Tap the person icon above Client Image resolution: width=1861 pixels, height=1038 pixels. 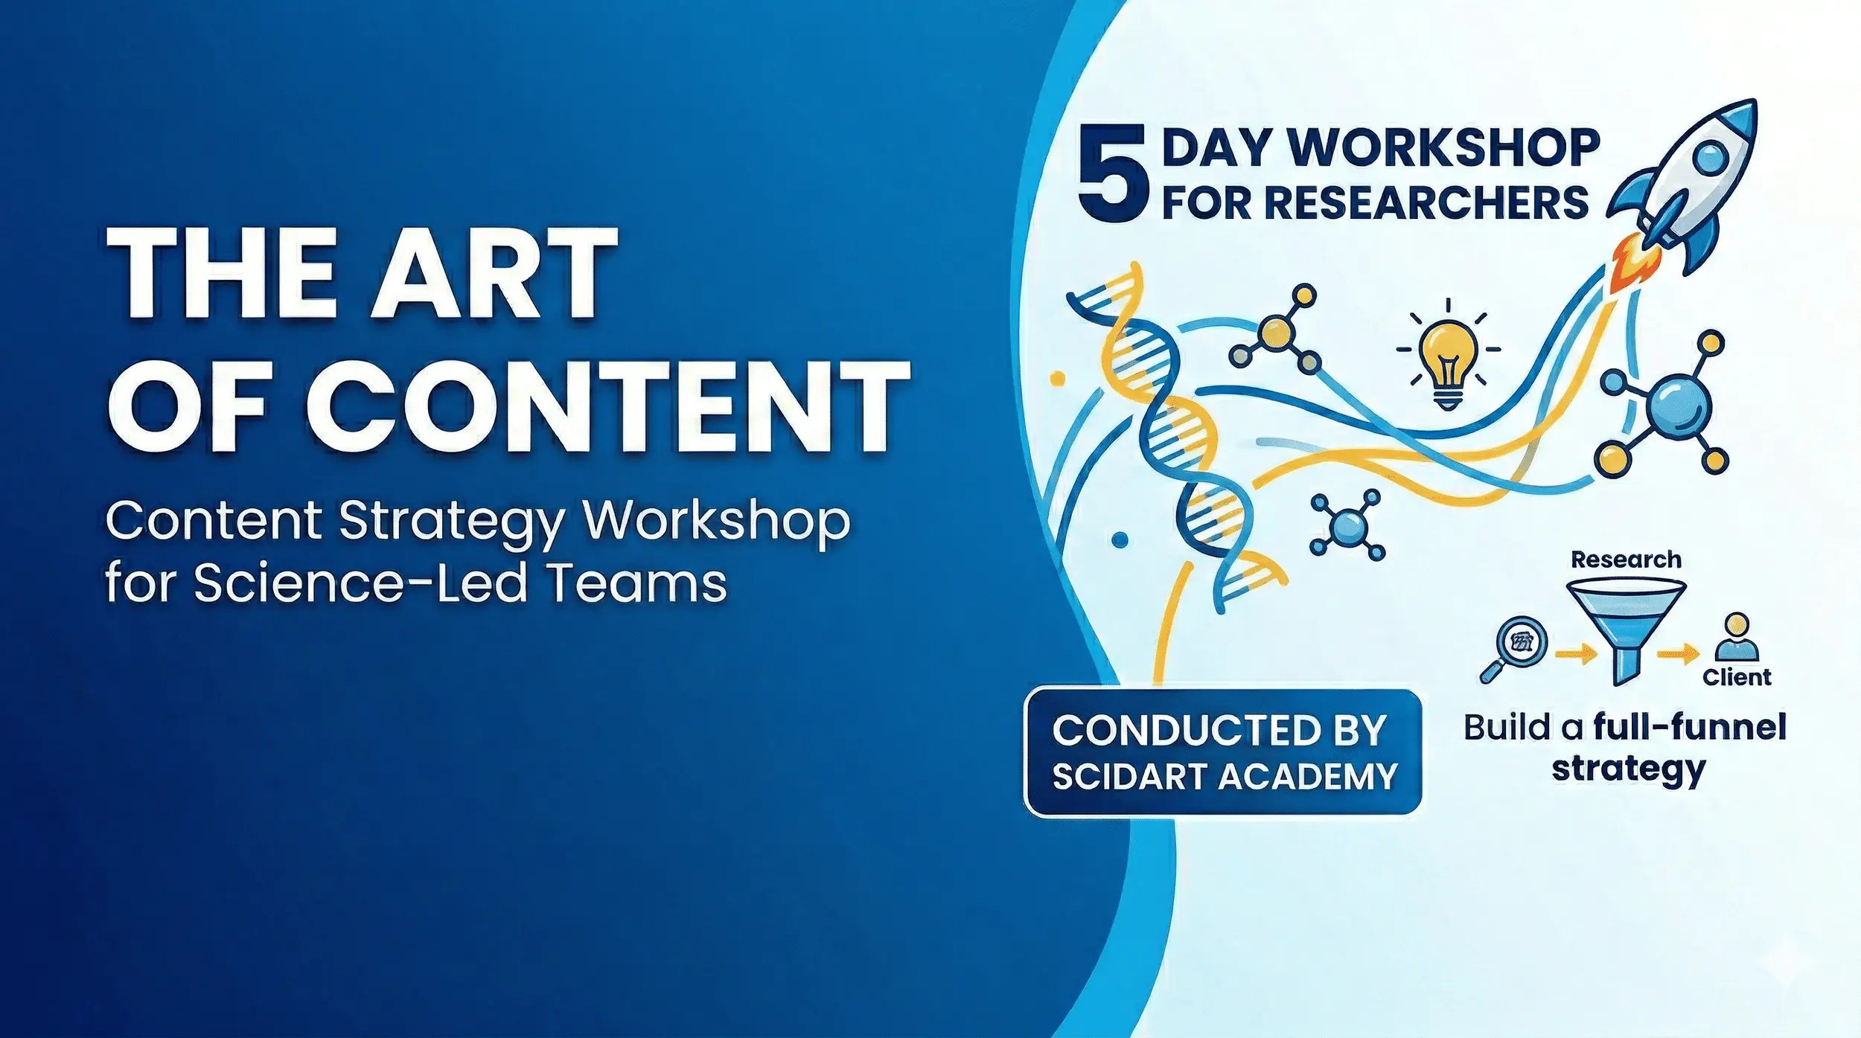click(x=1737, y=637)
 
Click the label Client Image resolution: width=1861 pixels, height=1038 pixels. click(x=1737, y=677)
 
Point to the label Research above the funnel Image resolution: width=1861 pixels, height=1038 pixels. click(x=1626, y=560)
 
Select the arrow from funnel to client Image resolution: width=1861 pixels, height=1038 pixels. click(x=1678, y=655)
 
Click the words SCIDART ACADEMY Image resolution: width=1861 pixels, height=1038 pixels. click(x=1225, y=777)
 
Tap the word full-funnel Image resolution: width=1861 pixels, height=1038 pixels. click(x=1690, y=727)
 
